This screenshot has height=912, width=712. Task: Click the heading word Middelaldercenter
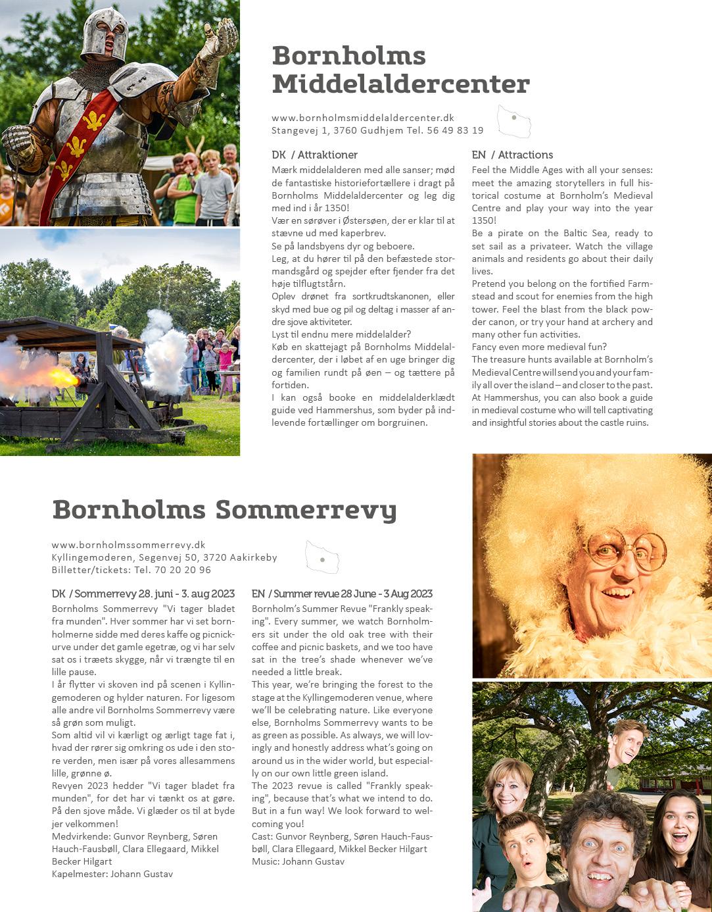coord(400,84)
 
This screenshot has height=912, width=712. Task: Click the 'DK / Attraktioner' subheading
coord(314,155)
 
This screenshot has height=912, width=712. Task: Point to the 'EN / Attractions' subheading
coord(512,155)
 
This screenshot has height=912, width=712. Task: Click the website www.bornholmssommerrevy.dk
coord(129,545)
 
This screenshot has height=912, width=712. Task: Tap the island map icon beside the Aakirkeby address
coord(322,557)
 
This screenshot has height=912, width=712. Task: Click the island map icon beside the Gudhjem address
coord(513,120)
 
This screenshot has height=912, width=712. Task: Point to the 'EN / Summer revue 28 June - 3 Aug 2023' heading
coord(342,594)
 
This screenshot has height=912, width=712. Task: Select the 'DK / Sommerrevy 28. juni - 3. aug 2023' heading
coord(143,594)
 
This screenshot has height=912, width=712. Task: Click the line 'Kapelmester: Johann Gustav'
coord(112,874)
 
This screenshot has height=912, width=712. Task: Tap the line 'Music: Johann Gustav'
coord(298,861)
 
